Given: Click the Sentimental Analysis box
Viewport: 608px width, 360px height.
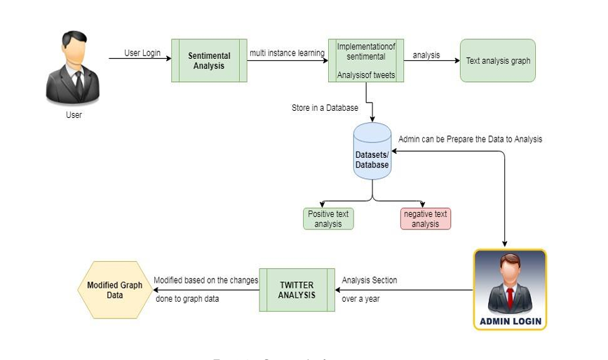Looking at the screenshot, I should click(x=209, y=60).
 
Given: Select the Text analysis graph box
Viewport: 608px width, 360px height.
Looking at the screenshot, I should click(x=498, y=61).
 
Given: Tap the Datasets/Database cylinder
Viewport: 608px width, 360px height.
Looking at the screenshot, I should click(x=372, y=152).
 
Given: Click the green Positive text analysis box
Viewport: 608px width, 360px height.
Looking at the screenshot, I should click(x=328, y=219).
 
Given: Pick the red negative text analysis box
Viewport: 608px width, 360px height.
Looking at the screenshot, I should click(x=425, y=219).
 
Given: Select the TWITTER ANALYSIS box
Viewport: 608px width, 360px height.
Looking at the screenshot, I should click(x=297, y=290).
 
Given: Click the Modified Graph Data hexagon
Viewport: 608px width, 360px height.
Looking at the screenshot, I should click(x=114, y=290).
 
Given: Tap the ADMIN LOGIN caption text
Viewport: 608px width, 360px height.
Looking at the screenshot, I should click(x=510, y=321).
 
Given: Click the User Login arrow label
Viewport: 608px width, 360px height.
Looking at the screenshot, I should click(x=142, y=53).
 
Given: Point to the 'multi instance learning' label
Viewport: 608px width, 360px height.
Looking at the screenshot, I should click(x=287, y=53).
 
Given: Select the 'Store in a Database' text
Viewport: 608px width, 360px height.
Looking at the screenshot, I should click(x=325, y=108).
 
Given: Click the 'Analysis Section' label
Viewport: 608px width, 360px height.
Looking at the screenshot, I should click(x=370, y=280).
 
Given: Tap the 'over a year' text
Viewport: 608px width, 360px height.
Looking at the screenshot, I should click(x=360, y=298).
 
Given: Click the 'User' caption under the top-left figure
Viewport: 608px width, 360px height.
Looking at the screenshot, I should click(x=74, y=114).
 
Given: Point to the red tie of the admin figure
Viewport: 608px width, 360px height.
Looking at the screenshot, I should click(x=510, y=296).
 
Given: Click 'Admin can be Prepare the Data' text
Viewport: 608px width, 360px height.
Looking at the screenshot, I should click(x=470, y=139).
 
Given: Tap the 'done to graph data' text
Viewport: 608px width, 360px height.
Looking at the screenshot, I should click(x=187, y=298).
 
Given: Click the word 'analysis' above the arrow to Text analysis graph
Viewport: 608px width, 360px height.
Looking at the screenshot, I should click(x=426, y=54).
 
